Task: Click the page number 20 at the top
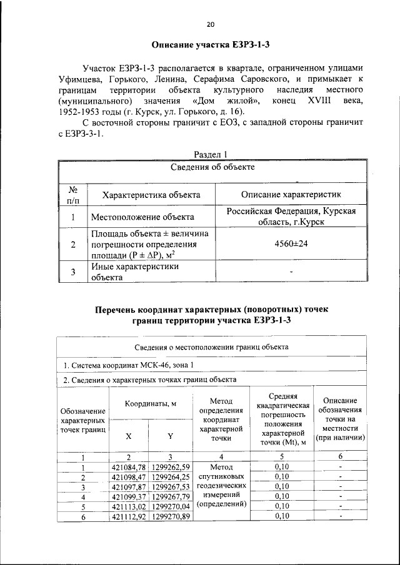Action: [211, 24]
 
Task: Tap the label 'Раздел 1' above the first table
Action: [211, 154]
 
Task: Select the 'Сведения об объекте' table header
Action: [212, 167]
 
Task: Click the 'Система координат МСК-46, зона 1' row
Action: [132, 365]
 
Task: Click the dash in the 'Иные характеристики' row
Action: [291, 272]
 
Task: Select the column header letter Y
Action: [170, 436]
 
